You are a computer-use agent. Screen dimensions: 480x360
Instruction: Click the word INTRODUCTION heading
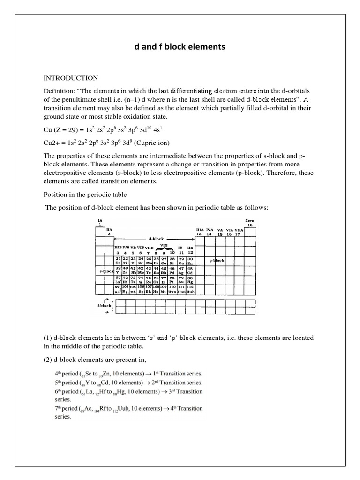(71, 78)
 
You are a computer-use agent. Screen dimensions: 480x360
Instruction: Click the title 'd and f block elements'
(180, 47)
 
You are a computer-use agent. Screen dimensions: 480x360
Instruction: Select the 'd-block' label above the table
(154, 238)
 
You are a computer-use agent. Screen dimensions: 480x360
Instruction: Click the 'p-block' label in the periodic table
(217, 260)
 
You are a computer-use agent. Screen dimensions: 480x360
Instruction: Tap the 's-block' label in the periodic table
(106, 271)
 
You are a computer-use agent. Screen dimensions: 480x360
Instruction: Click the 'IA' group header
(99, 220)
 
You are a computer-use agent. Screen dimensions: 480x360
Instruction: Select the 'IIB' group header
(190, 247)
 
